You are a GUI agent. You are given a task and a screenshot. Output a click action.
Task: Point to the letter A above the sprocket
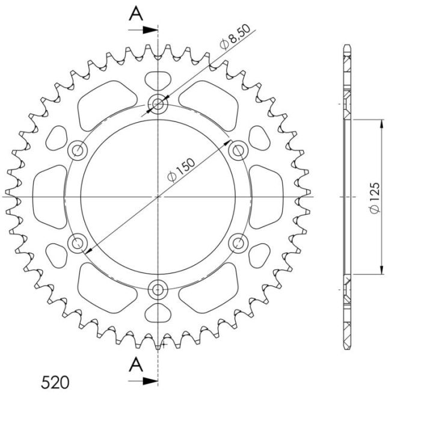point(137,14)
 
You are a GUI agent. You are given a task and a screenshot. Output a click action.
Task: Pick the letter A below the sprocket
point(137,364)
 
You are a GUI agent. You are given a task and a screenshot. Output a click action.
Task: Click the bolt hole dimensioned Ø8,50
point(158,105)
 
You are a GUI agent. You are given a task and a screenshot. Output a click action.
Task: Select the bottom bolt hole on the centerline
point(158,290)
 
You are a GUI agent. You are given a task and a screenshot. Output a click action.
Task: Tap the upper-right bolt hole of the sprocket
point(239,150)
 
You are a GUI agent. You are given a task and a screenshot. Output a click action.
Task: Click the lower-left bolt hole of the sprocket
point(78,243)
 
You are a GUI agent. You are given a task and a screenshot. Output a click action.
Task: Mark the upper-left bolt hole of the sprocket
point(78,150)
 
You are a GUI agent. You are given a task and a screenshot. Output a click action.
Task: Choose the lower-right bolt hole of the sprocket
point(239,243)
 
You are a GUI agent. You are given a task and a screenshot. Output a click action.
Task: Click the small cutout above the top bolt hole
point(158,79)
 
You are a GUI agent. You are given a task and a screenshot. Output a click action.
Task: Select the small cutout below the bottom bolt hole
point(158,315)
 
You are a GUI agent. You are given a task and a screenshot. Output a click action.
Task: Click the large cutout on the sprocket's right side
point(265,197)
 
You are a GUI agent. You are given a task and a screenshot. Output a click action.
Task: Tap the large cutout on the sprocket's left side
point(51,197)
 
